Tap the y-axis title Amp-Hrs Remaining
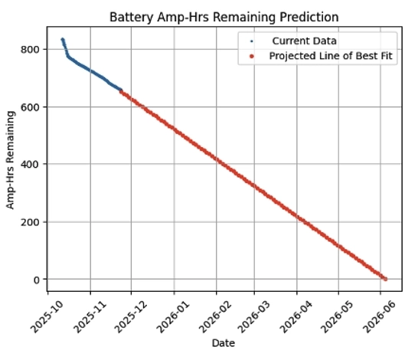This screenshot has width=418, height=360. [11, 159]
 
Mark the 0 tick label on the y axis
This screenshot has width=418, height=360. [35, 280]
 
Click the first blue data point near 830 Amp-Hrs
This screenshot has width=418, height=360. [63, 40]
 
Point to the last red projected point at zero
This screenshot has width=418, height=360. [385, 279]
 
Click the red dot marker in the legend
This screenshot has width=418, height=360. [253, 57]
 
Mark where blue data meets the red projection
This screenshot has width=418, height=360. [121, 91]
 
